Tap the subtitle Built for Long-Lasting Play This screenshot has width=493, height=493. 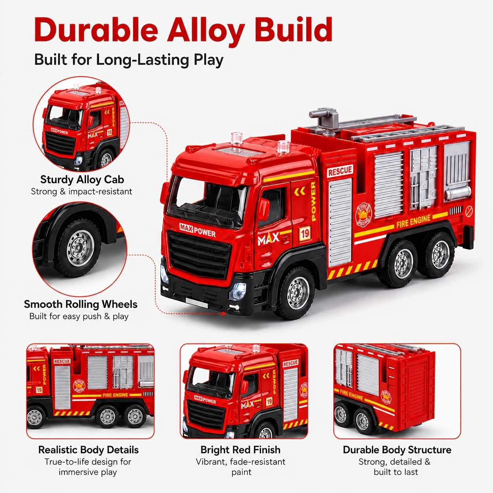point(129,60)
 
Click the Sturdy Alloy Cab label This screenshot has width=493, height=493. point(82,179)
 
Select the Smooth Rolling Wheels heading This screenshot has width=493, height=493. point(81,304)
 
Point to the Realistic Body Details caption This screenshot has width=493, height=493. point(88,449)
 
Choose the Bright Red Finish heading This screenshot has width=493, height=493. point(241,449)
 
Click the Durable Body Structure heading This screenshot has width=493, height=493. point(397,449)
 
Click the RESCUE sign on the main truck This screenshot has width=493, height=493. point(340,171)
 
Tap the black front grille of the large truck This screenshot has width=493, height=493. point(199,255)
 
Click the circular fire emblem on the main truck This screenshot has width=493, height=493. point(363,214)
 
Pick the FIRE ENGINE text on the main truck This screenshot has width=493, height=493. point(414,221)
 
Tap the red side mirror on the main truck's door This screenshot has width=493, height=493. point(263,209)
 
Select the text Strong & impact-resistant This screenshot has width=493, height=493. point(82,191)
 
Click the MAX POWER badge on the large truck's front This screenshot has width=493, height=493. point(197,230)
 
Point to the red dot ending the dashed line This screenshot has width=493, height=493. point(223,314)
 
